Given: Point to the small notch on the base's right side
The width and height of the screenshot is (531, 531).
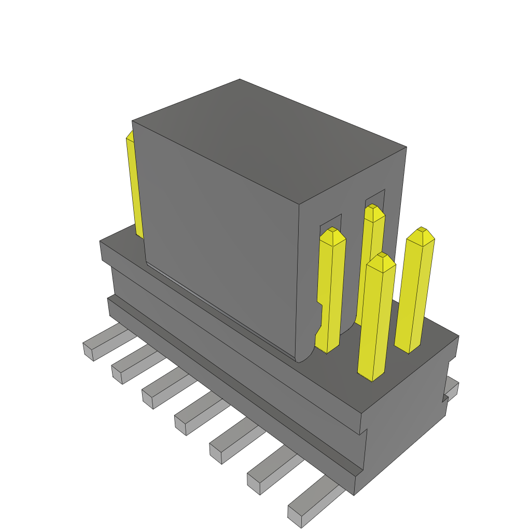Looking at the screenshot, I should tap(445, 398).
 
